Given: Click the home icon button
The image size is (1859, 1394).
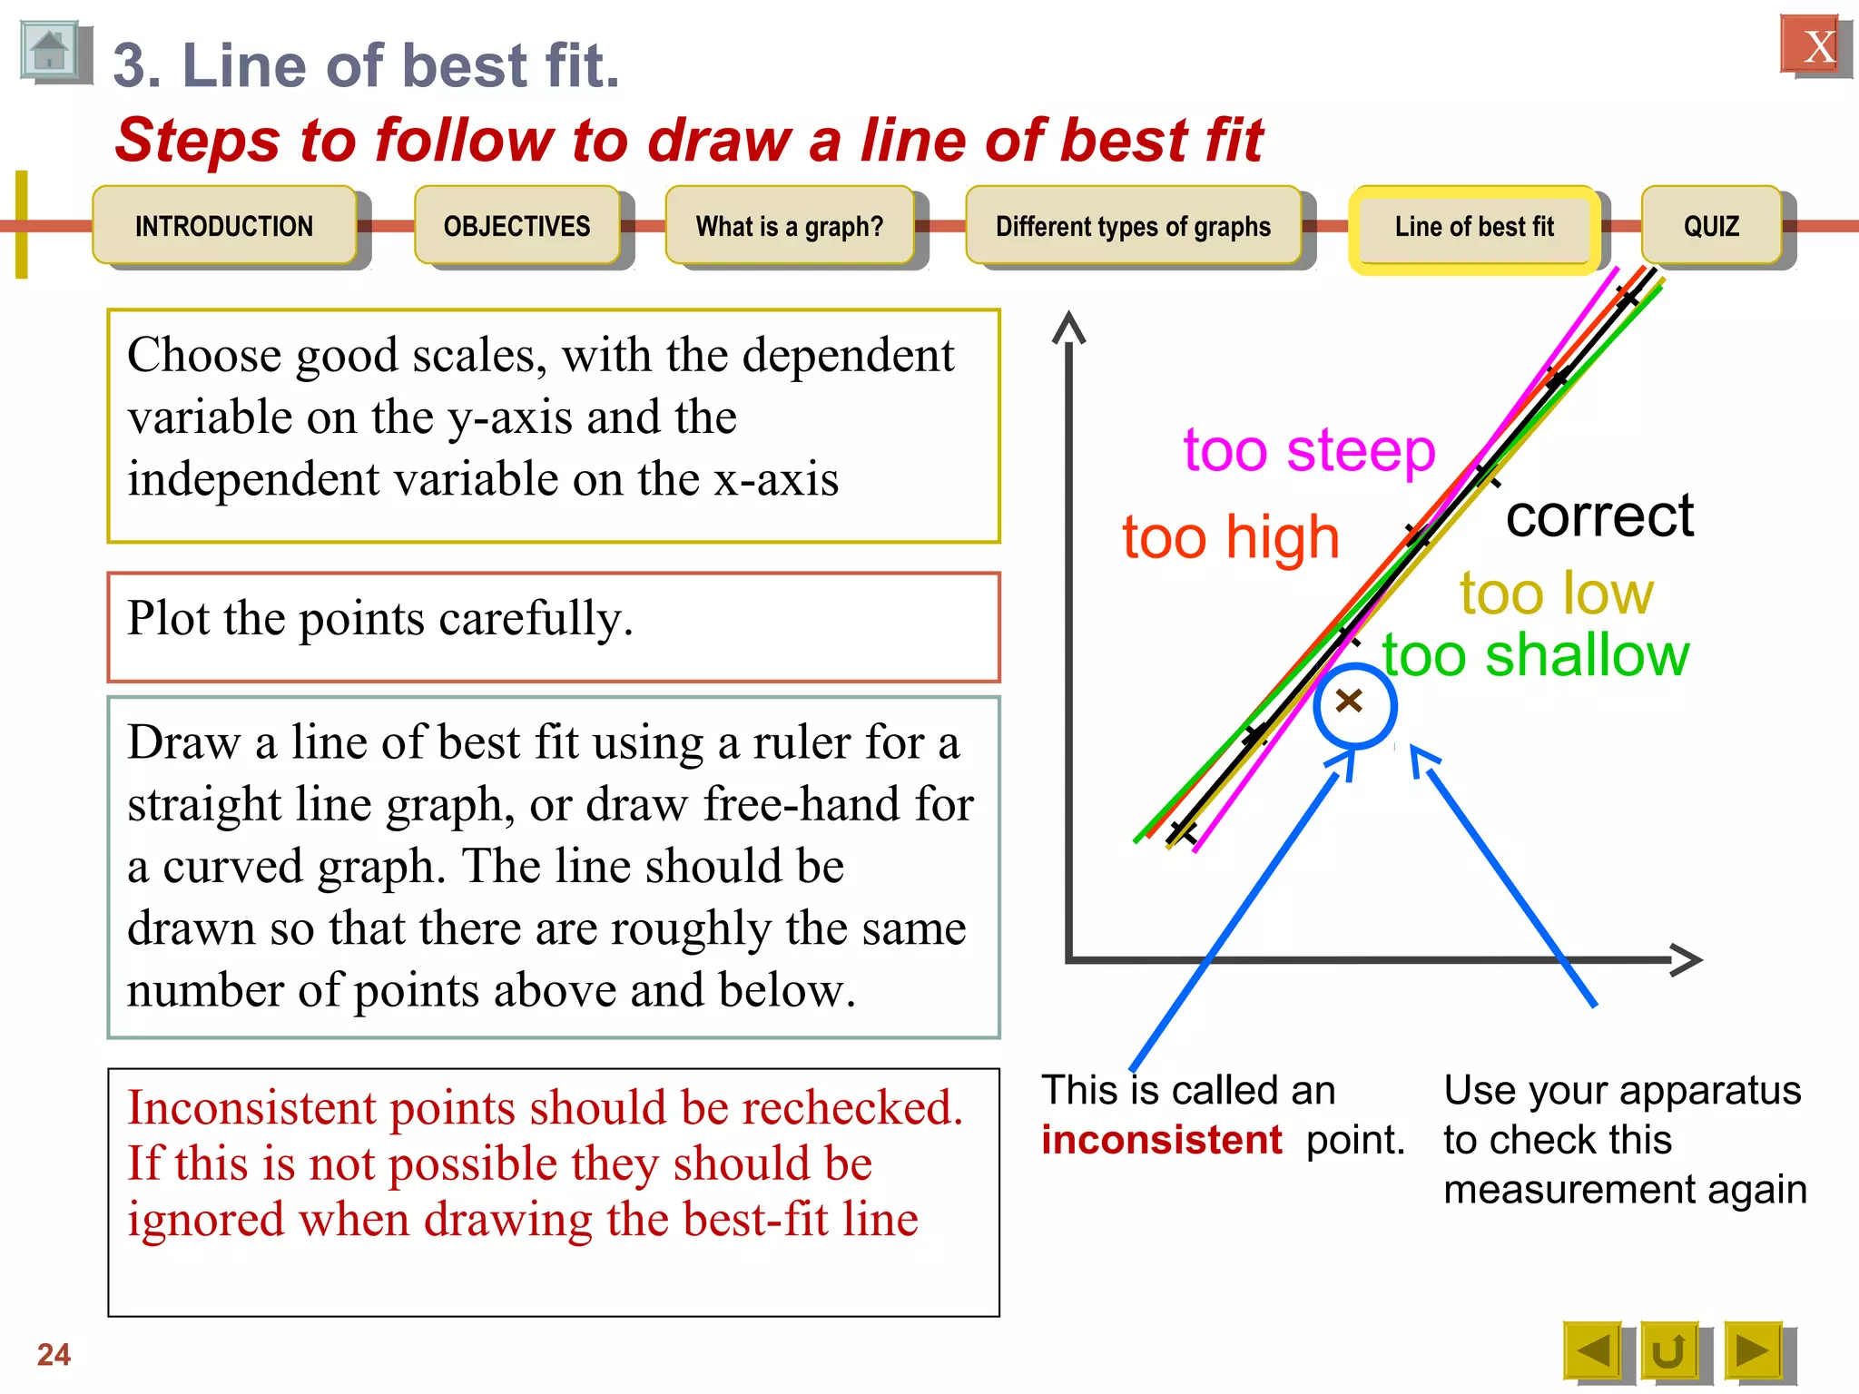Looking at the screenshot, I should point(50,52).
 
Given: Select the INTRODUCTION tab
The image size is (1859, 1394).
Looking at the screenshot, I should point(224,226).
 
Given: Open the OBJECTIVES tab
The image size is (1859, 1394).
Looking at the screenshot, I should point(516,226).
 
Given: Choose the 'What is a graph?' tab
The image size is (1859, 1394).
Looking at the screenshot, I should point(789,226).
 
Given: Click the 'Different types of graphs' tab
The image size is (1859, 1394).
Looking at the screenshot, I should point(1133,226).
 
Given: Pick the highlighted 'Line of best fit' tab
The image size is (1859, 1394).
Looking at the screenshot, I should point(1474,227).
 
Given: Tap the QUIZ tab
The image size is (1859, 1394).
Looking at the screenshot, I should point(1711,226).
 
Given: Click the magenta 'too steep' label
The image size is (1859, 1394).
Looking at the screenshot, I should point(1309,451).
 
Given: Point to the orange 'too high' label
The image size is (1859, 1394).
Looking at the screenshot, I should point(1230,537).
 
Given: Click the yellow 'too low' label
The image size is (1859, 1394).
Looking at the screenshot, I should point(1556,594).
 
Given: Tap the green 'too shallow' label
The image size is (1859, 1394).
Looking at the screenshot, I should point(1535,655).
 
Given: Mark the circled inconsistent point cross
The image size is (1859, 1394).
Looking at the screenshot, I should point(1350,701).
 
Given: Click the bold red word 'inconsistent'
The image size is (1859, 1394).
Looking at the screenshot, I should point(1161,1140).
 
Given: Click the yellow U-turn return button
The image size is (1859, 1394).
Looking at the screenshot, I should point(1668,1351).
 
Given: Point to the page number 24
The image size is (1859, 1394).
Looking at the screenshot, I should point(54,1354).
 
